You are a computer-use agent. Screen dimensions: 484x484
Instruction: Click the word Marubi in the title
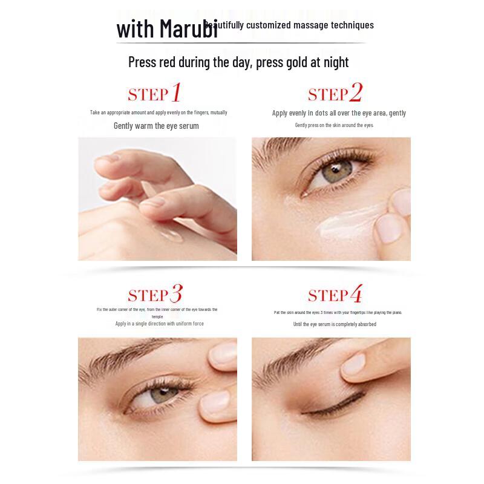point(189,29)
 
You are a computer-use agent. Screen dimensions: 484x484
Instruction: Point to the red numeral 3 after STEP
point(175,294)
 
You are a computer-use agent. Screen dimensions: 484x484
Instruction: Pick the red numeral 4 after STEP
point(356,294)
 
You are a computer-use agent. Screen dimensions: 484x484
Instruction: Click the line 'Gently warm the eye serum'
point(156,126)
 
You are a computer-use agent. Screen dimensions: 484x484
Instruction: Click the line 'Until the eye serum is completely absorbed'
point(335,324)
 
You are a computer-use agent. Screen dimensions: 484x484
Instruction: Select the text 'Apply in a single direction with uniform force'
point(160,324)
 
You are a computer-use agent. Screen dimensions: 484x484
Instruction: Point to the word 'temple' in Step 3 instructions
point(157,316)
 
